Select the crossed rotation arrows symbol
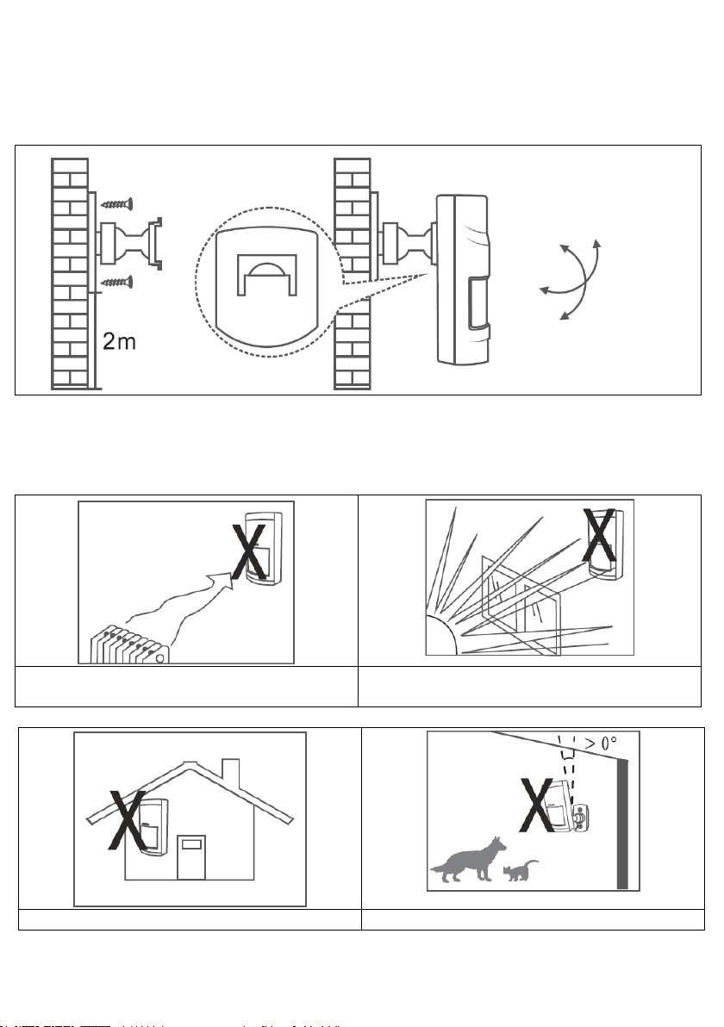[571, 281]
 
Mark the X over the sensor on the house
[129, 826]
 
